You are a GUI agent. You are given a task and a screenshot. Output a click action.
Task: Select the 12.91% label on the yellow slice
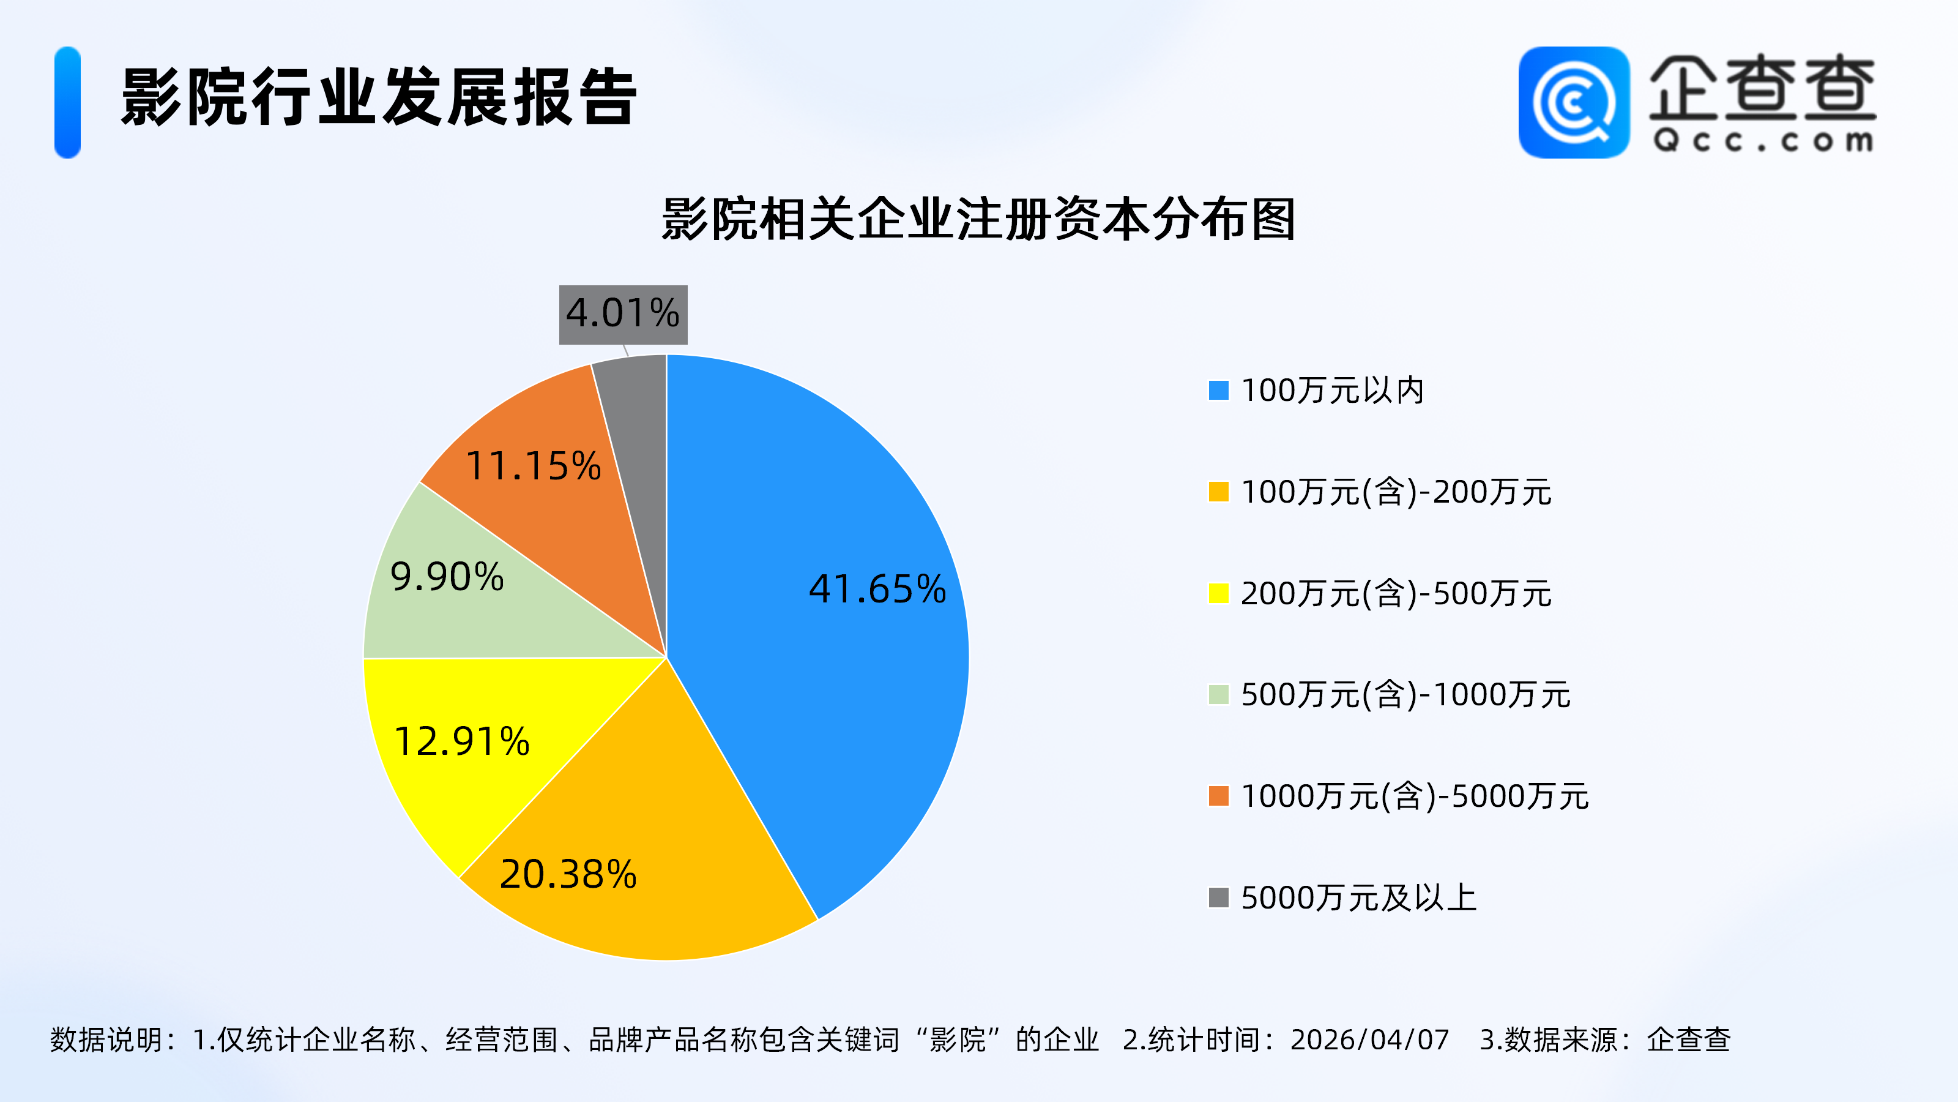[461, 741]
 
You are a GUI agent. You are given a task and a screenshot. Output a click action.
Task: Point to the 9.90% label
[447, 577]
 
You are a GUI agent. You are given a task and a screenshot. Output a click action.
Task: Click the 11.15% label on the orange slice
[533, 465]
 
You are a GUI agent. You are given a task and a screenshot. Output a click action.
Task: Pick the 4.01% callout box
[624, 314]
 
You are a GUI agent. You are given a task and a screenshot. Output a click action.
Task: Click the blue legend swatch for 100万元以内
[1218, 390]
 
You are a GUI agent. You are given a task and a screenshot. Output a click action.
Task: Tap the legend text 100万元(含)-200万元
[1396, 492]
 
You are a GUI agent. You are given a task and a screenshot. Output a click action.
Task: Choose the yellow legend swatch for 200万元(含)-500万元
[1218, 593]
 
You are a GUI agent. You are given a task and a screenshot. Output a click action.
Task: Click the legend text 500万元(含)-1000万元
[1405, 695]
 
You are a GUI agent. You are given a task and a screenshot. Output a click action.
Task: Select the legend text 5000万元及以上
[1358, 898]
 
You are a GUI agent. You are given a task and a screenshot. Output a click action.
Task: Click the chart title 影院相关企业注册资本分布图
[978, 220]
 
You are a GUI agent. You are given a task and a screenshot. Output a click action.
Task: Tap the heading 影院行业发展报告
[379, 97]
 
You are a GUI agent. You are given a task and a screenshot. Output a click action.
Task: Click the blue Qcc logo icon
[1573, 103]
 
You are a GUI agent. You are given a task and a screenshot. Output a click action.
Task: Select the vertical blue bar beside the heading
[68, 103]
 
